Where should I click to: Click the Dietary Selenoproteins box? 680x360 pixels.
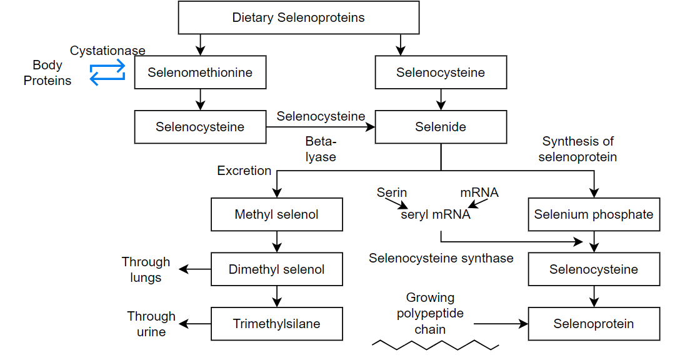[x=299, y=17]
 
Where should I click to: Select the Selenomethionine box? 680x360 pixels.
[x=200, y=72]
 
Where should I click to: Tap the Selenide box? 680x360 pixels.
[x=441, y=127]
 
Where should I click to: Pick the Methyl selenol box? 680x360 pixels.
[x=276, y=214]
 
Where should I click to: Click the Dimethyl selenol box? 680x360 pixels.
[x=276, y=269]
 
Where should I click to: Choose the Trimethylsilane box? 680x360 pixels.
[x=276, y=324]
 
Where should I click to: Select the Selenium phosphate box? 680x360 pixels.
[x=593, y=214]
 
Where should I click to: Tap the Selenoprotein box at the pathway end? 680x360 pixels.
[x=593, y=324]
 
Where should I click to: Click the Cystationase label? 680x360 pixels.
[x=107, y=51]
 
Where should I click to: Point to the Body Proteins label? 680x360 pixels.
[x=47, y=72]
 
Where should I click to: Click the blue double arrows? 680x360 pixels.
[x=107, y=73]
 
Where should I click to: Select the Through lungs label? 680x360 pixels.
[x=146, y=269]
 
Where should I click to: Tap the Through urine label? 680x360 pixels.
[x=151, y=324]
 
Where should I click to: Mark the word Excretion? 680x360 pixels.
[x=244, y=171]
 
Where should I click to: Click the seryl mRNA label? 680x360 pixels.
[x=436, y=215]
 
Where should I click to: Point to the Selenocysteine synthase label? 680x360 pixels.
[x=441, y=258]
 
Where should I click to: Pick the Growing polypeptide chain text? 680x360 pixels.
[x=430, y=313]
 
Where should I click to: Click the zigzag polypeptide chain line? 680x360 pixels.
[x=435, y=344]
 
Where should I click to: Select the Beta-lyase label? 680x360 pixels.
[x=321, y=149]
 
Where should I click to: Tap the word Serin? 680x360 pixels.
[x=392, y=192]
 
